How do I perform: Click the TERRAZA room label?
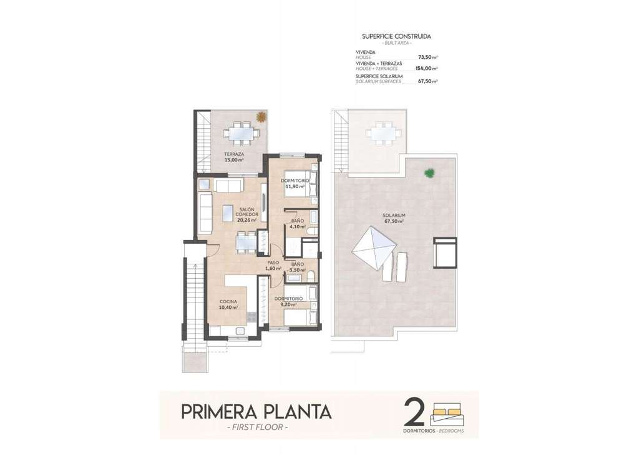(234, 154)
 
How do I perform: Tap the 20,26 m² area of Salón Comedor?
(247, 220)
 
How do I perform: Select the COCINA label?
(228, 302)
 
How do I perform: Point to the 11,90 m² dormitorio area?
(295, 186)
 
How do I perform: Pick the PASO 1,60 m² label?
(273, 266)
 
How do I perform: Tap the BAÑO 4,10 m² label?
(298, 224)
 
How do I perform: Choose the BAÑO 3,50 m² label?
(298, 267)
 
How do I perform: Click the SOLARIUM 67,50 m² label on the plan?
(394, 218)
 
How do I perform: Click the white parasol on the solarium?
(374, 246)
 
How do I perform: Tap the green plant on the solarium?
(429, 173)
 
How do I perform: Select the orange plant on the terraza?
(260, 117)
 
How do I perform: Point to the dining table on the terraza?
(240, 133)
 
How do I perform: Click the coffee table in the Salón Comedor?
(227, 213)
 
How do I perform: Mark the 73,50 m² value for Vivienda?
(428, 57)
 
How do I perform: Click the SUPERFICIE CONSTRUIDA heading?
(396, 36)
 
